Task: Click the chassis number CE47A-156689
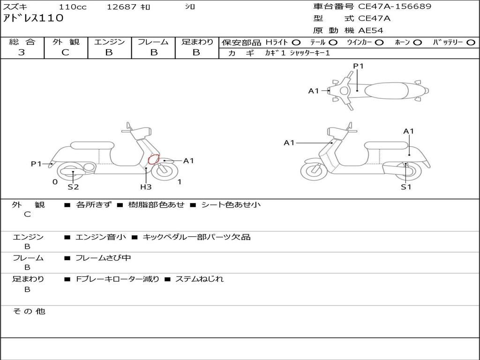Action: [x=395, y=7]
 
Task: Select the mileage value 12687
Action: [x=121, y=7]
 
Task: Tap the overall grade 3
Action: [x=22, y=52]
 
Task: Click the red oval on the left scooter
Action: [x=153, y=159]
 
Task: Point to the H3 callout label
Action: [x=146, y=187]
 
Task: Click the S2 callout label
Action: [x=73, y=187]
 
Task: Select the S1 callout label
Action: [x=406, y=187]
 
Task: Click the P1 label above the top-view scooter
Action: [x=358, y=66]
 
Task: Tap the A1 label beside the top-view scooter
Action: [x=314, y=90]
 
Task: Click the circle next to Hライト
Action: [x=296, y=43]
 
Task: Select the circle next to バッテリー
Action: [x=471, y=43]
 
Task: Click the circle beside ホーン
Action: [x=417, y=43]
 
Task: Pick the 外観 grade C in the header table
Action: [x=66, y=52]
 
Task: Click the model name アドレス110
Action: [x=33, y=18]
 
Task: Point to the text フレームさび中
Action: [x=103, y=258]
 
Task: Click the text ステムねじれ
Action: [x=199, y=279]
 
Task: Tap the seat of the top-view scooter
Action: [x=386, y=90]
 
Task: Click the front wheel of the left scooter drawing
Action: [x=165, y=171]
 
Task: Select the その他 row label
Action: [x=29, y=311]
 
